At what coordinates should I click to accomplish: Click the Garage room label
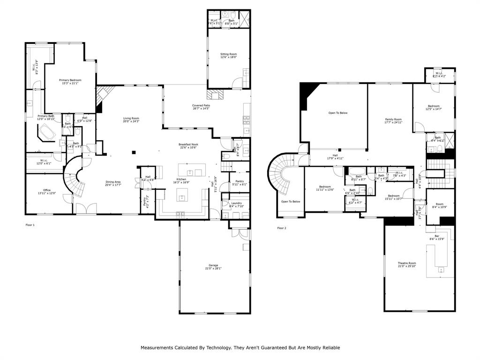tap(213, 265)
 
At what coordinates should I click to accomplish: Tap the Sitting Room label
tap(229, 54)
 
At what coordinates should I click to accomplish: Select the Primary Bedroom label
tap(70, 80)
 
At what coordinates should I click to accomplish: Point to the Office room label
tap(47, 190)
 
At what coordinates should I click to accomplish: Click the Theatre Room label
tap(406, 263)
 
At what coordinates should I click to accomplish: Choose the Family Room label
tap(393, 120)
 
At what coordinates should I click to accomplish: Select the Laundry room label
tap(236, 203)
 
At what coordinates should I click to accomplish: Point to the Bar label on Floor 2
tap(436, 236)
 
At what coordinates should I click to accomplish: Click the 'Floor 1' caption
tap(30, 225)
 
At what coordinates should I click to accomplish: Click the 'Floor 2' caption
tap(281, 228)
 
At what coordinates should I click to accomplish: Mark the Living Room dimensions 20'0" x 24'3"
tap(131, 121)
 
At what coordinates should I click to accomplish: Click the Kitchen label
tap(181, 180)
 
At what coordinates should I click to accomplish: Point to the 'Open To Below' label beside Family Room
tap(337, 113)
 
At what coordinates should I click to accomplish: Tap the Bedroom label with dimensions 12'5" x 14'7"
tap(433, 106)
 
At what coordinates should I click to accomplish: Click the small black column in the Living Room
tap(134, 152)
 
